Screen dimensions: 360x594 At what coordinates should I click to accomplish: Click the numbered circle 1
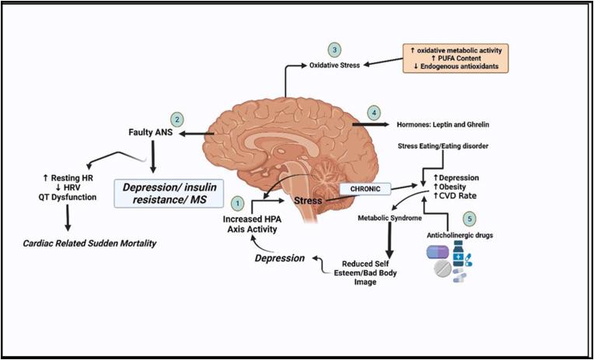[x=238, y=202]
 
